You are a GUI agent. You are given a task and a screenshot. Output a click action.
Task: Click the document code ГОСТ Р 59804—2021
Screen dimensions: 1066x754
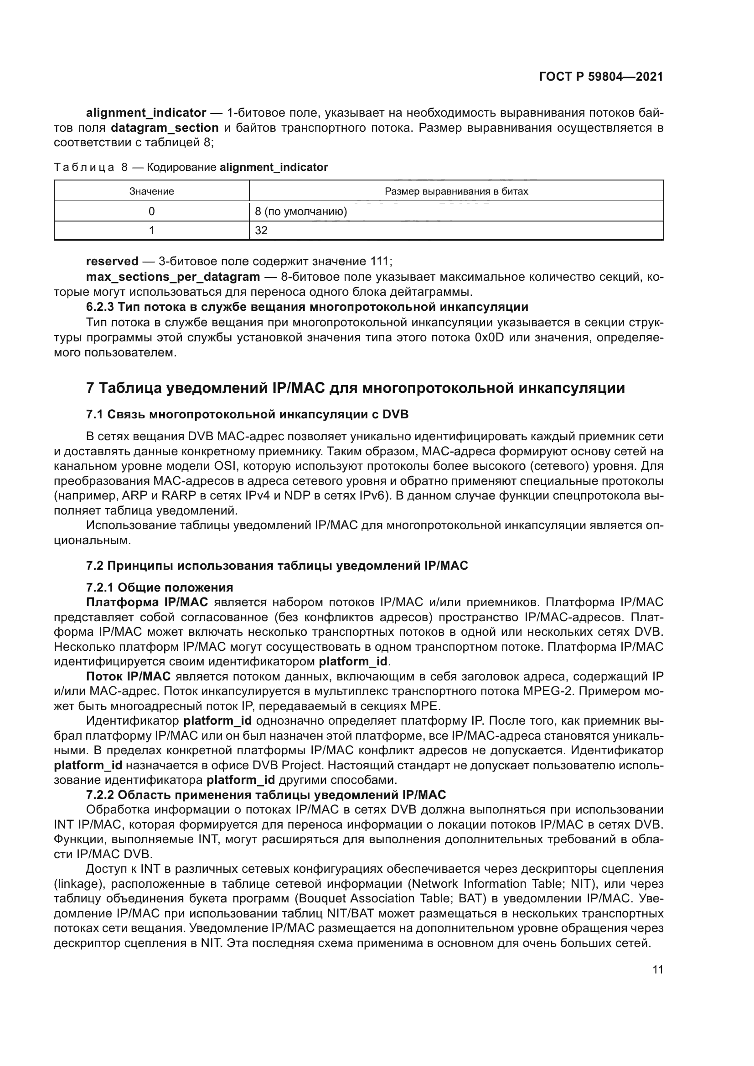click(601, 77)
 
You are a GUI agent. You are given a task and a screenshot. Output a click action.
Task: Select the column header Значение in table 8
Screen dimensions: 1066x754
click(151, 191)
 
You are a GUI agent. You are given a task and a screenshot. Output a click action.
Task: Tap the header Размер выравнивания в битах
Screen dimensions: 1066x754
click(456, 191)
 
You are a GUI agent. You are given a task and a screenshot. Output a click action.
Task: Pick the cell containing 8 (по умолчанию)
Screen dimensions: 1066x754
click(301, 212)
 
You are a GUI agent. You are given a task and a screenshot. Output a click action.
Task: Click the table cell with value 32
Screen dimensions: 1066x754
click(261, 231)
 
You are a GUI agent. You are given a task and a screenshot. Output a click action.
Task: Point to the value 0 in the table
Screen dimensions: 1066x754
click(151, 212)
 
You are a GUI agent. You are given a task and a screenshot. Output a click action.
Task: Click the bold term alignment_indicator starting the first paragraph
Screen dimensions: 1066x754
click(146, 113)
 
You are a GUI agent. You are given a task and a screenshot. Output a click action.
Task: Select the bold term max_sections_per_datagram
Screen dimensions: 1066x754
click(173, 277)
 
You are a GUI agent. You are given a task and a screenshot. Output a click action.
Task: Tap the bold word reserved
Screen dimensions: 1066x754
click(112, 262)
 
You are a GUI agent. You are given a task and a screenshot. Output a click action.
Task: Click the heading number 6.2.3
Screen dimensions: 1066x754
click(100, 307)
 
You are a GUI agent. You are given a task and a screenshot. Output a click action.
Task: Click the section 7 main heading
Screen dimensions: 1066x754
click(355, 388)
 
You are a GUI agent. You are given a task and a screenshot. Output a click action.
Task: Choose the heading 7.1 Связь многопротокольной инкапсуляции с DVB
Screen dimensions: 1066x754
click(247, 414)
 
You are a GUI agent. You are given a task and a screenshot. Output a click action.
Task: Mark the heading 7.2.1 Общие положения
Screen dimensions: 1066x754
click(159, 588)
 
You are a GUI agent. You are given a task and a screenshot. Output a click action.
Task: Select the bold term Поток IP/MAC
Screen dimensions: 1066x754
click(128, 676)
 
